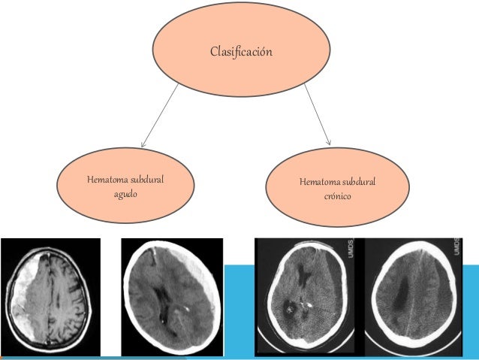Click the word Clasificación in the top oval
[x=240, y=52]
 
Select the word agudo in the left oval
[x=125, y=193]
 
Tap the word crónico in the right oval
[x=337, y=197]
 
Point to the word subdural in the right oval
[x=360, y=183]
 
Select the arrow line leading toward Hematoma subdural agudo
[x=161, y=113]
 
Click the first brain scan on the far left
[x=50, y=295]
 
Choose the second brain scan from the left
[x=172, y=295]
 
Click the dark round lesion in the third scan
[x=290, y=307]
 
